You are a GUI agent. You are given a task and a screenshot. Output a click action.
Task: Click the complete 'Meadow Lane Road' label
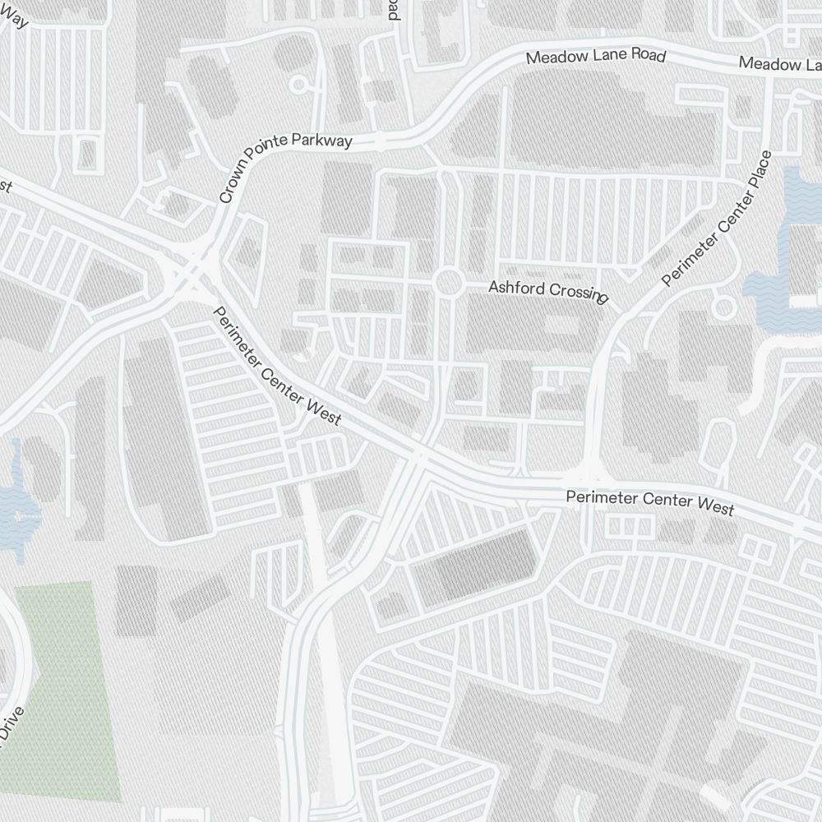tap(595, 57)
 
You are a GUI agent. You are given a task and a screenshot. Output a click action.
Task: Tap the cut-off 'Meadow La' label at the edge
tap(779, 63)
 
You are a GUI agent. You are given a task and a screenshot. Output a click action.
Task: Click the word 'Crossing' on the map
tap(578, 293)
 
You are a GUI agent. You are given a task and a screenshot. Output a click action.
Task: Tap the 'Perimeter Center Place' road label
tap(718, 219)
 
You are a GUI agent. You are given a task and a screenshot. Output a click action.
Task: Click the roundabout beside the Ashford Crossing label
tap(448, 283)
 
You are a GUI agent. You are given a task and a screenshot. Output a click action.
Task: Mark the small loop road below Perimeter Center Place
tap(724, 308)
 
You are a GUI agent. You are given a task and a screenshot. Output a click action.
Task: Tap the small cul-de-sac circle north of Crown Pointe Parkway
tap(298, 84)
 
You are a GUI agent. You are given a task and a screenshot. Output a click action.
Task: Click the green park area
tap(62, 690)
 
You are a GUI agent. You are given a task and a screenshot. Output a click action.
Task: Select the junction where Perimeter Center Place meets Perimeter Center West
tap(589, 476)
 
